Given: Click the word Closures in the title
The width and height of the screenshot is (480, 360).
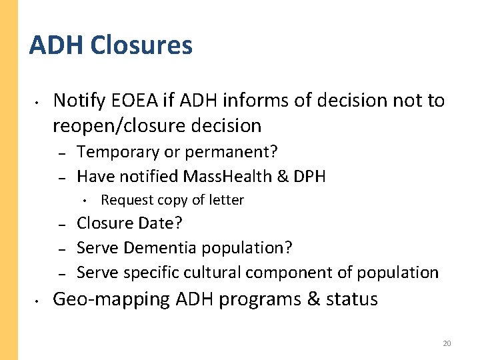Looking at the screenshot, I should tap(141, 45).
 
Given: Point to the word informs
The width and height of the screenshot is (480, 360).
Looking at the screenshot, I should tap(250, 101).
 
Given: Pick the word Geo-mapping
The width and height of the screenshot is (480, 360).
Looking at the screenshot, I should tap(111, 299).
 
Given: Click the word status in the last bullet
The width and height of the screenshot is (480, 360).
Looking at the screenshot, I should tap(351, 299).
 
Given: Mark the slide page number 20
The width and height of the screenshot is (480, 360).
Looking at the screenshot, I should tap(447, 343).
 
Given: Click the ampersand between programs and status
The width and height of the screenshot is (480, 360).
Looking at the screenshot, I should tap(313, 299).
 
